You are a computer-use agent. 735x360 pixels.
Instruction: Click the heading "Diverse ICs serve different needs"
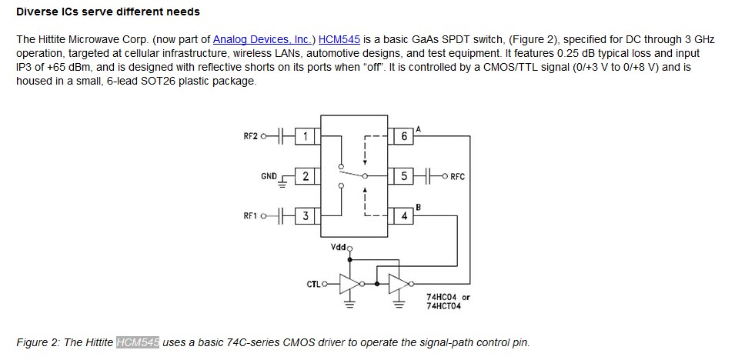[x=108, y=12]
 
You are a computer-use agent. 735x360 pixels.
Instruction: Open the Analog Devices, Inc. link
[x=262, y=39]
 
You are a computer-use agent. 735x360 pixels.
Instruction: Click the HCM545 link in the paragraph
[x=339, y=39]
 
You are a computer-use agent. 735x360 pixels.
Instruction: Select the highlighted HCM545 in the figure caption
[x=138, y=342]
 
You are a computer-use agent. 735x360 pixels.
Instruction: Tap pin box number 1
[x=306, y=136]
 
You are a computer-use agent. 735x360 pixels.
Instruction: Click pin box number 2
[x=306, y=176]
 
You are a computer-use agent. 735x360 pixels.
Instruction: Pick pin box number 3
[x=306, y=216]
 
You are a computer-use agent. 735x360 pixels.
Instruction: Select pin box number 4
[x=404, y=216]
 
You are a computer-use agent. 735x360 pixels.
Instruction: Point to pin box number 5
[x=404, y=176]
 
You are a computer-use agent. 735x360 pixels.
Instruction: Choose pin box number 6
[x=404, y=136]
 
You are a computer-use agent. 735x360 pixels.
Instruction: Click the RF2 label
[x=250, y=137]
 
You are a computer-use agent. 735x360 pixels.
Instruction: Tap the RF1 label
[x=250, y=216]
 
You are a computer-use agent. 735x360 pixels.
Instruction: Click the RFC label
[x=458, y=177]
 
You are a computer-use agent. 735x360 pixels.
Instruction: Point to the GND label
[x=269, y=176]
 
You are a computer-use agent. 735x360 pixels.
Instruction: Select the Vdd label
[x=338, y=247]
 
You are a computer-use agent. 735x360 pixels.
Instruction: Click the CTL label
[x=312, y=285]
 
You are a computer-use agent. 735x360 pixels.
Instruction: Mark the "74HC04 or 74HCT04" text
[x=448, y=301]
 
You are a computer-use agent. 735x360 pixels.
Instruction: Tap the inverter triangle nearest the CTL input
[x=351, y=284]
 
